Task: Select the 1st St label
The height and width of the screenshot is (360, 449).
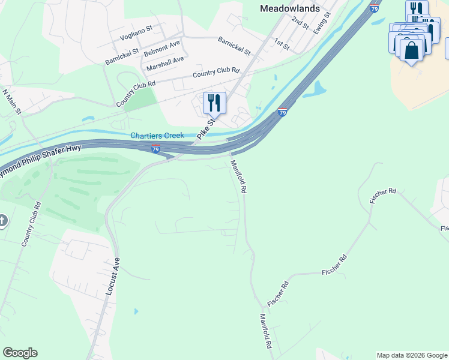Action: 282,43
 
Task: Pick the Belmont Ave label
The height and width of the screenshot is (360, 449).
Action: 162,49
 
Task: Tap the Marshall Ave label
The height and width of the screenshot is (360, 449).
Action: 165,63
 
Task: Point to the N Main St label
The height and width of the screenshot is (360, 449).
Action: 12,101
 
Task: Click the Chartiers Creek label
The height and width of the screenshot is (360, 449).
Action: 158,136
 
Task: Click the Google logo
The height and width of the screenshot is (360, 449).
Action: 20,353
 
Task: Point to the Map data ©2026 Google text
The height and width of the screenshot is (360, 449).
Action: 411,355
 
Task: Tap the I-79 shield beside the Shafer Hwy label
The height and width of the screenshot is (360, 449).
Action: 155,149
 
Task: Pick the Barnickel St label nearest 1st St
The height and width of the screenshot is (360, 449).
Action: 234,45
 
